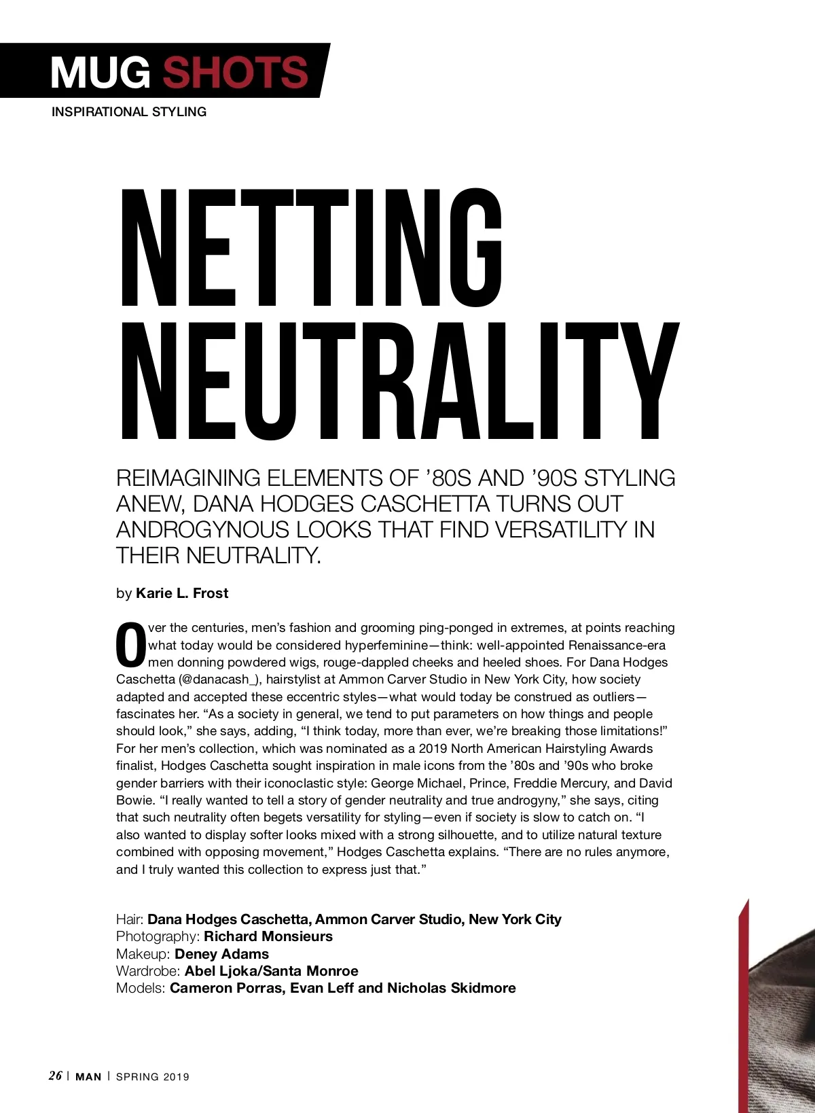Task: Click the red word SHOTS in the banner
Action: [235, 72]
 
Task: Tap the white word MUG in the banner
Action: [101, 72]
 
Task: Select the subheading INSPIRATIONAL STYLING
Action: [129, 112]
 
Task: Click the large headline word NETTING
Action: [311, 248]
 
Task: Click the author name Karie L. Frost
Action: [182, 593]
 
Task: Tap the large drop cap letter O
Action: [130, 645]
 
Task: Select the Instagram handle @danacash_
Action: [220, 679]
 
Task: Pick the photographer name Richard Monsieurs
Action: [268, 936]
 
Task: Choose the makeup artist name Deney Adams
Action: [221, 954]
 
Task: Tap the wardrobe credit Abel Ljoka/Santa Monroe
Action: [271, 971]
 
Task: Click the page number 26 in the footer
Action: [55, 1076]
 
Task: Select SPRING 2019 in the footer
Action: [153, 1077]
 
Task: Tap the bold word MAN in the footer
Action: [88, 1077]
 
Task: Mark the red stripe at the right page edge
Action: [743, 1006]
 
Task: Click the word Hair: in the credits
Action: [130, 919]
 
